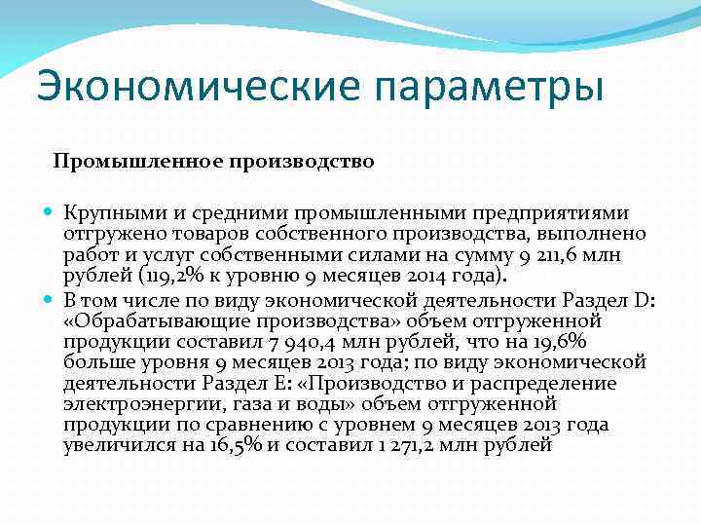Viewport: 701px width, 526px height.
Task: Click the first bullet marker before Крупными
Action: click(x=50, y=212)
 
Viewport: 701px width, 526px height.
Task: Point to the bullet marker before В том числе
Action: click(x=50, y=298)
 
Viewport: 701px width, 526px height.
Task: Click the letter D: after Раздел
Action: click(x=646, y=298)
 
